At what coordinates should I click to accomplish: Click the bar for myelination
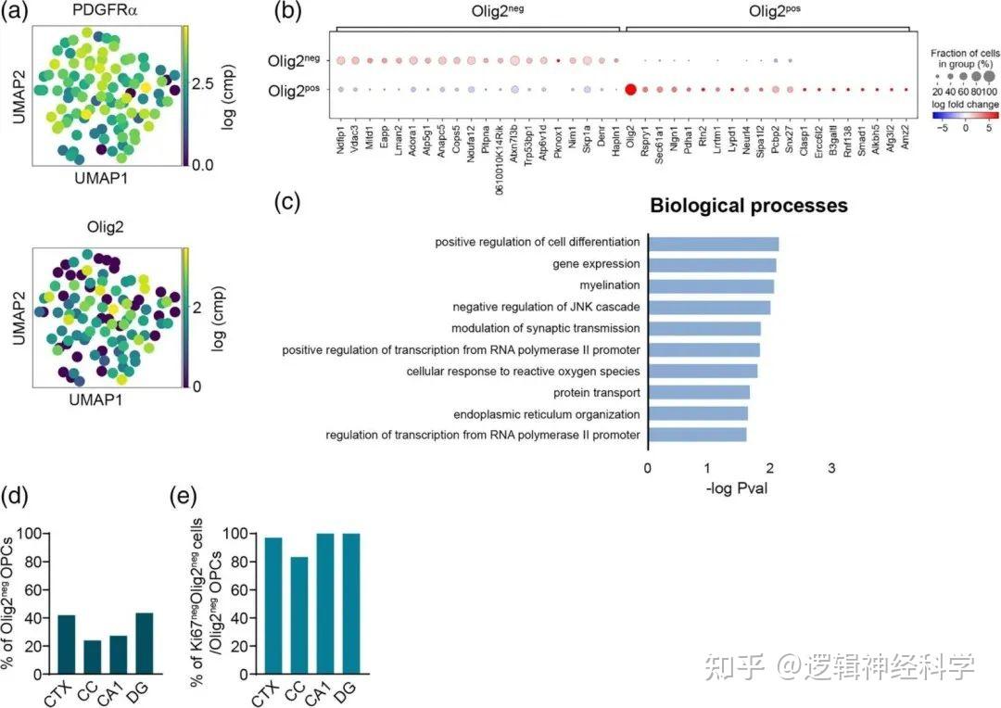710,286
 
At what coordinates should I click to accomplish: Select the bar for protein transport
698,393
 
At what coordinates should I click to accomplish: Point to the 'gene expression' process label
596,265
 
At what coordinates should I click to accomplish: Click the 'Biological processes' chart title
749,206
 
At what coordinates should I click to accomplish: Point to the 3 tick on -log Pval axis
831,469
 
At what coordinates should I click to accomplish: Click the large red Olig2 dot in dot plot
630,90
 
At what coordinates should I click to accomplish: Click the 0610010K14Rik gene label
499,136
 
